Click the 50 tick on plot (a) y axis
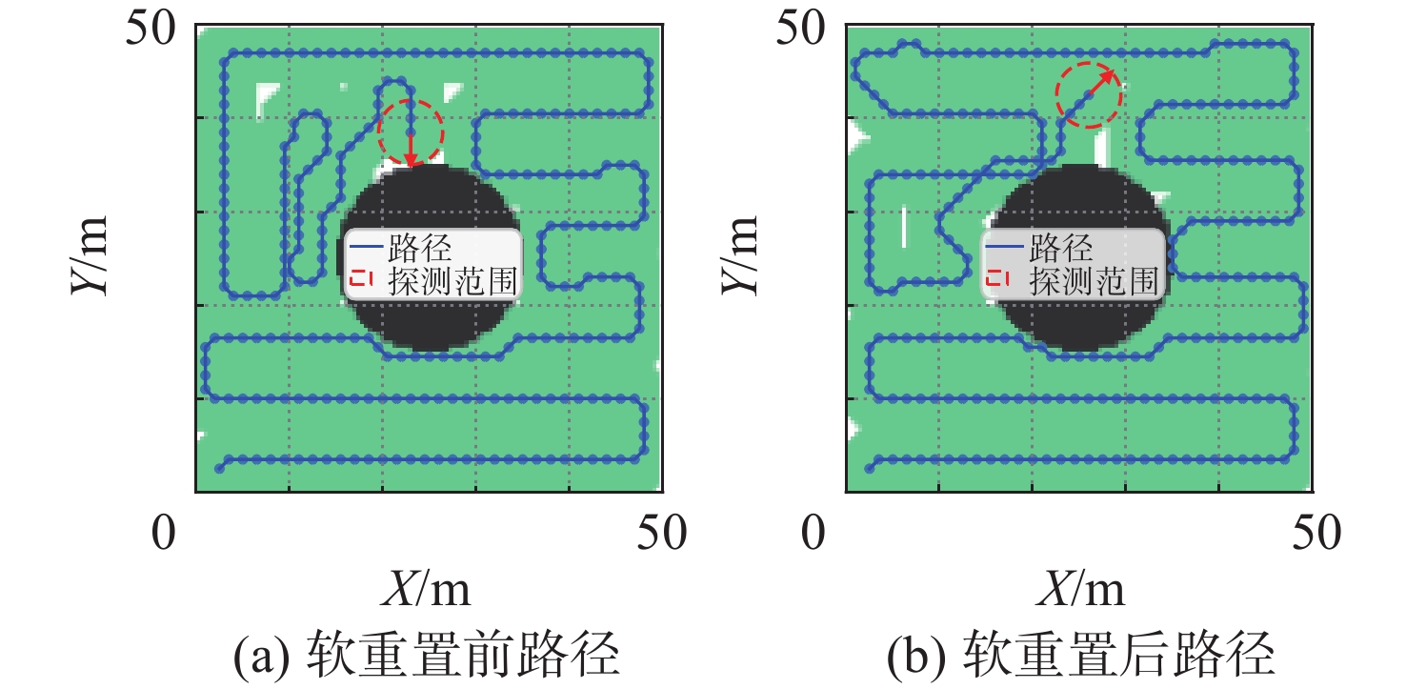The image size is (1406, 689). [x=151, y=29]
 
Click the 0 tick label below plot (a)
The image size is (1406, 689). [x=164, y=533]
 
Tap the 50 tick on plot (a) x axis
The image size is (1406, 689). [x=662, y=533]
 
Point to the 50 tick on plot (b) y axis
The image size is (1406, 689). [x=801, y=29]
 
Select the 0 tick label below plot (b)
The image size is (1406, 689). [x=813, y=533]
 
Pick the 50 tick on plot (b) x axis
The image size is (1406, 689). [x=1316, y=533]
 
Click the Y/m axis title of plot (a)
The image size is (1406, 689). [x=90, y=255]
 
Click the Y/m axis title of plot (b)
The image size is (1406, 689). [x=739, y=255]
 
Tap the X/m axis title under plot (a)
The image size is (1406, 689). [x=426, y=589]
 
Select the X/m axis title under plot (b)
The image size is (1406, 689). [x=1080, y=589]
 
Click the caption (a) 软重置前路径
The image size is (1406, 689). [x=427, y=655]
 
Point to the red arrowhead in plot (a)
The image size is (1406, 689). [x=411, y=159]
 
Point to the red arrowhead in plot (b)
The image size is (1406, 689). [x=1108, y=76]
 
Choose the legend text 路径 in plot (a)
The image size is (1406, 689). [x=420, y=248]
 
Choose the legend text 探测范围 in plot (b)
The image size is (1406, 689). [x=1094, y=281]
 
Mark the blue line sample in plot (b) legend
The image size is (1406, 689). [x=1004, y=247]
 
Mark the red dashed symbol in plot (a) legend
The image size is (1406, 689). [x=361, y=277]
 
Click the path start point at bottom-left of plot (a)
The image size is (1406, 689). [x=219, y=469]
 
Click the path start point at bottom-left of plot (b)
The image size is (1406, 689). [x=870, y=469]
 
